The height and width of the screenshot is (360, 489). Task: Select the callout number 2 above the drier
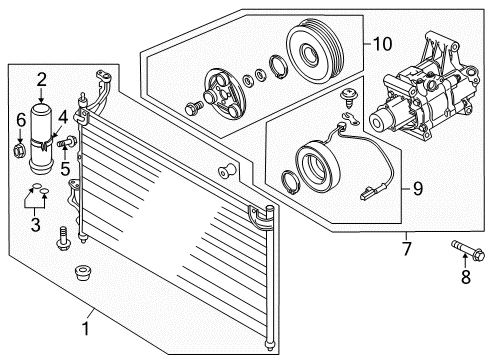click(42, 80)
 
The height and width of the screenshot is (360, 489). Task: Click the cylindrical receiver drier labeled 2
click(42, 125)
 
